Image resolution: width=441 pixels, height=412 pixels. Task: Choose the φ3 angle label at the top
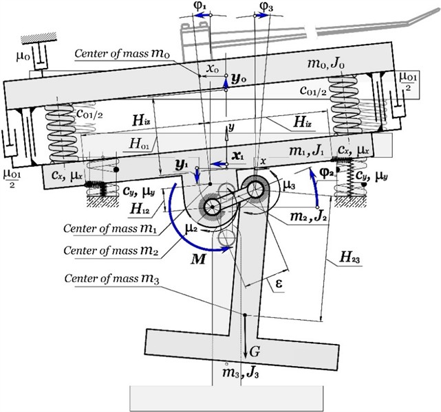(264, 10)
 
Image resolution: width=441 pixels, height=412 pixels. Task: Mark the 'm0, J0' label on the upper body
(331, 64)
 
